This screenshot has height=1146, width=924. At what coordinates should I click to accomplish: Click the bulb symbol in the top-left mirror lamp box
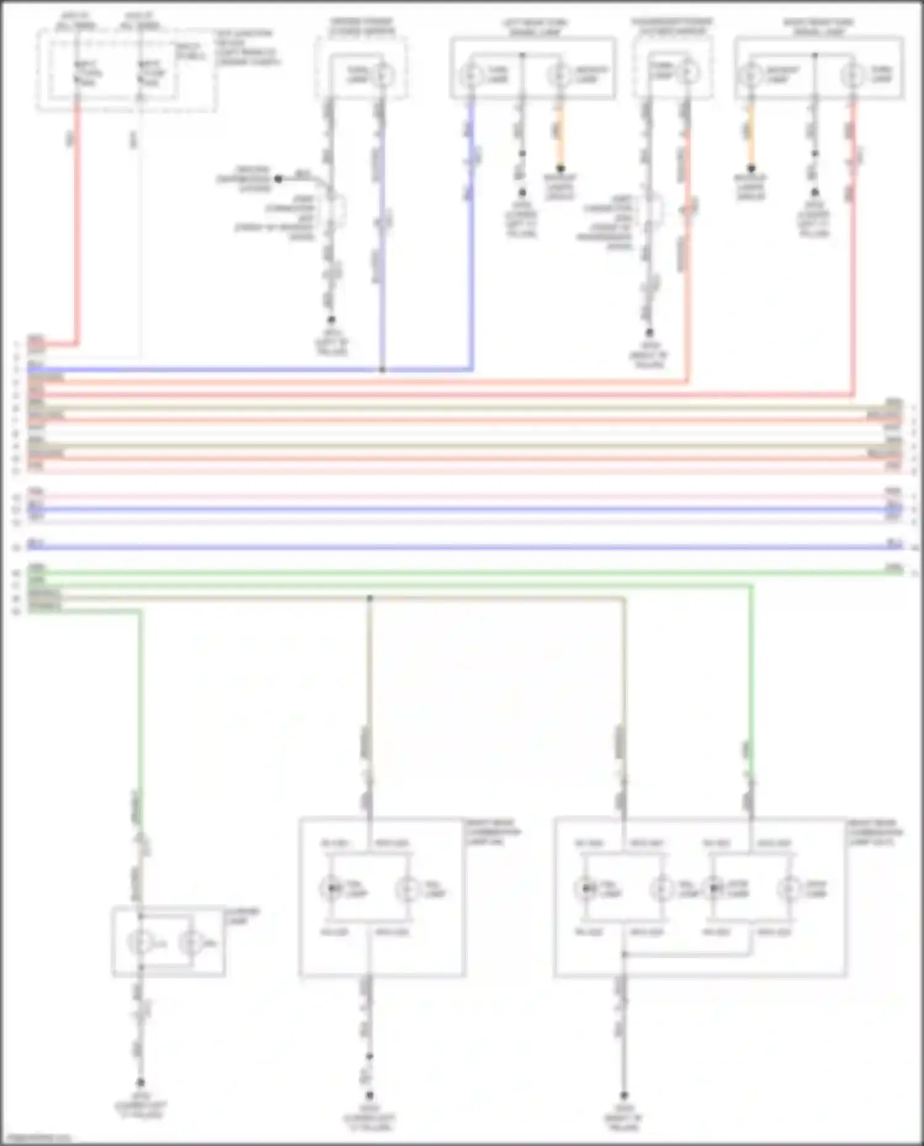pos(383,75)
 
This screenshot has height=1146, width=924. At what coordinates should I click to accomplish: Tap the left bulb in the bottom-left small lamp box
pos(140,943)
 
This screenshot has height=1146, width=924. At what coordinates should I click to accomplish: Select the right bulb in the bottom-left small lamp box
pos(191,943)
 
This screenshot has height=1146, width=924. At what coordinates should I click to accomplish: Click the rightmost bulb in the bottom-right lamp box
pos(789,889)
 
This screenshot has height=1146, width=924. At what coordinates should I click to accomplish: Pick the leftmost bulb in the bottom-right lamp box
pos(586,889)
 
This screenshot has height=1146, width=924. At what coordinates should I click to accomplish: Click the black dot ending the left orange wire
pos(561,168)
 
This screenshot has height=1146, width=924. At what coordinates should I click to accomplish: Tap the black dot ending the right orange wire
pos(751,168)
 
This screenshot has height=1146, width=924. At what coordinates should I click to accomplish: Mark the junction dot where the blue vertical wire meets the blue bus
pos(383,370)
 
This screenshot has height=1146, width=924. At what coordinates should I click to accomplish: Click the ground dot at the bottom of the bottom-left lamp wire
pos(140,1082)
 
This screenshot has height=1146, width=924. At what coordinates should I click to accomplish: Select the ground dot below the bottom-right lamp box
pos(623,1096)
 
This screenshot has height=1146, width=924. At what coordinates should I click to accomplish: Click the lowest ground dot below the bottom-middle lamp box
pos(370,1096)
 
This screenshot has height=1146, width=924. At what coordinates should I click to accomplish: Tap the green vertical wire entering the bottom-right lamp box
pos(751,677)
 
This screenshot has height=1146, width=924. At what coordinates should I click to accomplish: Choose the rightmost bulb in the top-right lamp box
pos(853,75)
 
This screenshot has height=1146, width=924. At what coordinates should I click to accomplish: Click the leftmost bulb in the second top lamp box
pos(472,75)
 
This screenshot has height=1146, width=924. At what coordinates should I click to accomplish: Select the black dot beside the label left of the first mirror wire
pos(278,179)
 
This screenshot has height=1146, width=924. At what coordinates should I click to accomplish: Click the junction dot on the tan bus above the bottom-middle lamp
pos(370,598)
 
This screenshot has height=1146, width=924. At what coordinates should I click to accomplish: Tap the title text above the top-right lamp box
pos(818,26)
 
